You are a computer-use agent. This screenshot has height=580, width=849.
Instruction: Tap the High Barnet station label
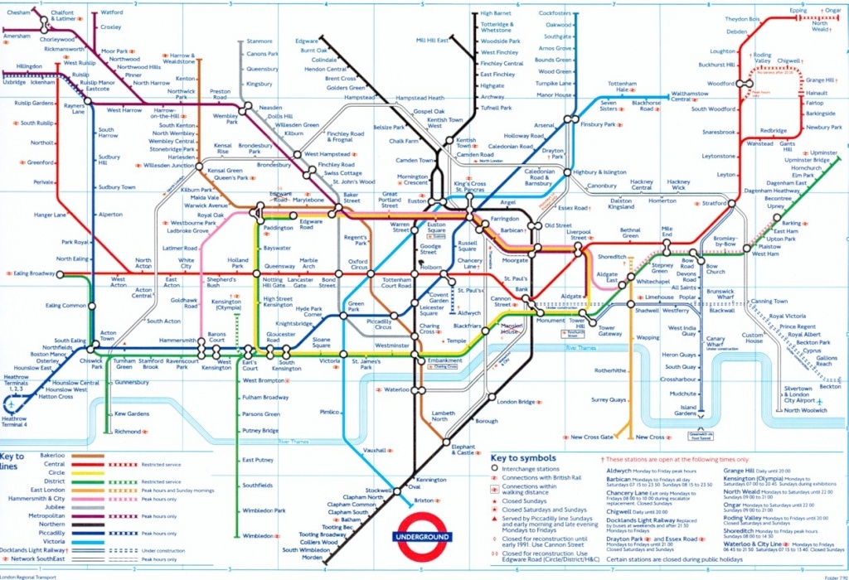(497, 14)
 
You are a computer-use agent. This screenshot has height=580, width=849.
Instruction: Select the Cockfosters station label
(555, 14)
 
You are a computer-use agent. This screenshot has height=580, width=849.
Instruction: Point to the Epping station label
(798, 11)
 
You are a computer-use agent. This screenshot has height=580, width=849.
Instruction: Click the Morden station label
(312, 558)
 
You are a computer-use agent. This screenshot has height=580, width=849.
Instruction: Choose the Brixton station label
(423, 500)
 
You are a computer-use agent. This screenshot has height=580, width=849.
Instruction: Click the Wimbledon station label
(259, 536)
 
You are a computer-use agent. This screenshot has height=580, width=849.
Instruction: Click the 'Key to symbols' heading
(523, 457)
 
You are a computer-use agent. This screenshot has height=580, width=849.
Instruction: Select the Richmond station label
(128, 432)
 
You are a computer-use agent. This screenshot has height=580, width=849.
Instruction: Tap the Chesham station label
(18, 12)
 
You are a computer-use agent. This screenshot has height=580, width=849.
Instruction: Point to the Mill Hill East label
(432, 41)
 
